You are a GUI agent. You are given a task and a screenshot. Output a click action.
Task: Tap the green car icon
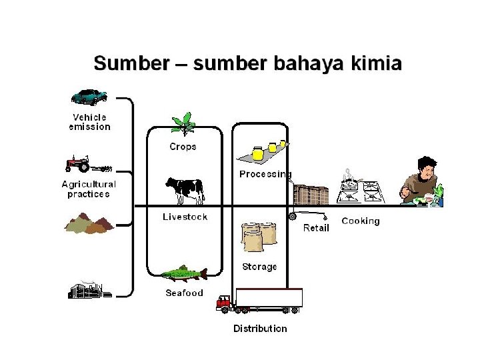pos(89,97)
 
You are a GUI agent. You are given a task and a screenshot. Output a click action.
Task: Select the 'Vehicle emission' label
pos(90,122)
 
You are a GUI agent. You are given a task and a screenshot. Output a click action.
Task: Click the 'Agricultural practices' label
pos(89,189)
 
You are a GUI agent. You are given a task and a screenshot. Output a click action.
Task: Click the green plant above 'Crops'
pos(182,125)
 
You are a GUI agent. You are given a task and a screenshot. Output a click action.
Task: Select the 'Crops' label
pos(183,147)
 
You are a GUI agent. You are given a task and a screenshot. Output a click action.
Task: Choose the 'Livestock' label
pos(185,217)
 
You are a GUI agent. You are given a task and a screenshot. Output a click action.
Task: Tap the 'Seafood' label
pos(184,293)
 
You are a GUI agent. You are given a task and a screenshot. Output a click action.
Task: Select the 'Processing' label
pos(265,175)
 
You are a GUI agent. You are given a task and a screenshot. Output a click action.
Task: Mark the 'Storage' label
pos(259,267)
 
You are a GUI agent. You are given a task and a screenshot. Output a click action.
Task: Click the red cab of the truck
pos(224,304)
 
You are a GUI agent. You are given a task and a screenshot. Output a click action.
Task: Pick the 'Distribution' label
pos(260,328)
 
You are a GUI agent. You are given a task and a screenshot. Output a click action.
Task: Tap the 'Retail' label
pos(316,228)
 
